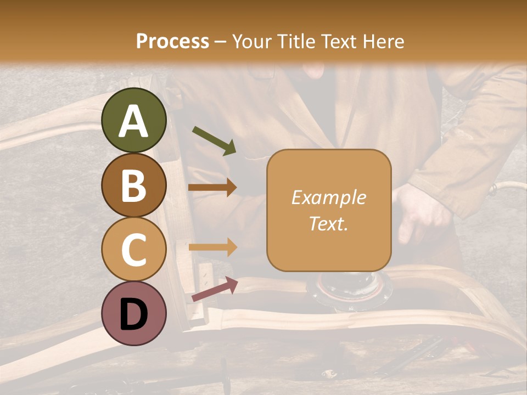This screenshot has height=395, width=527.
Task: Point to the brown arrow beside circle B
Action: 212,187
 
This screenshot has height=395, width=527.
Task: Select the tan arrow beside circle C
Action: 212,247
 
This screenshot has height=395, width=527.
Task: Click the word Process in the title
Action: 172,42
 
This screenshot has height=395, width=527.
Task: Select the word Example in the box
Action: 328,198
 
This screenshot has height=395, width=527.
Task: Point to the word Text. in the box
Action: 328,223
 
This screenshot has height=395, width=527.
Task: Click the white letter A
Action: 134,121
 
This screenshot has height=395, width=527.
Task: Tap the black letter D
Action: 134,314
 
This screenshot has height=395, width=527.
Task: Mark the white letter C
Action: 134,250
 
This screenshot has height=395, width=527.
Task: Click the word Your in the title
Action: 251,42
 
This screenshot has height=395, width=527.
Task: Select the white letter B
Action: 134,185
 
